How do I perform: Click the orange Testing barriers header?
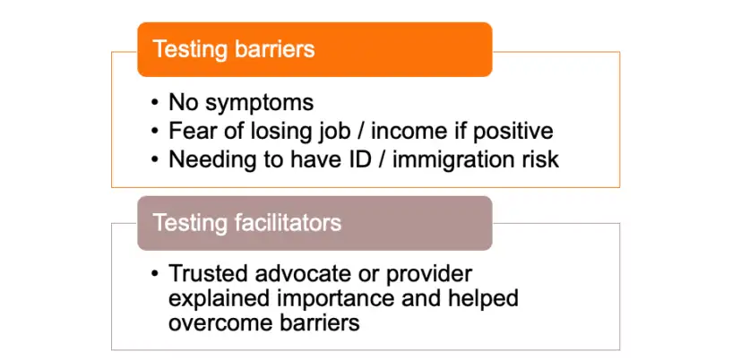click(314, 49)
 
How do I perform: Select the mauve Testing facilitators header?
click(314, 223)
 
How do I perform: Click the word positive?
click(513, 133)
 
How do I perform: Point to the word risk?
click(539, 160)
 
